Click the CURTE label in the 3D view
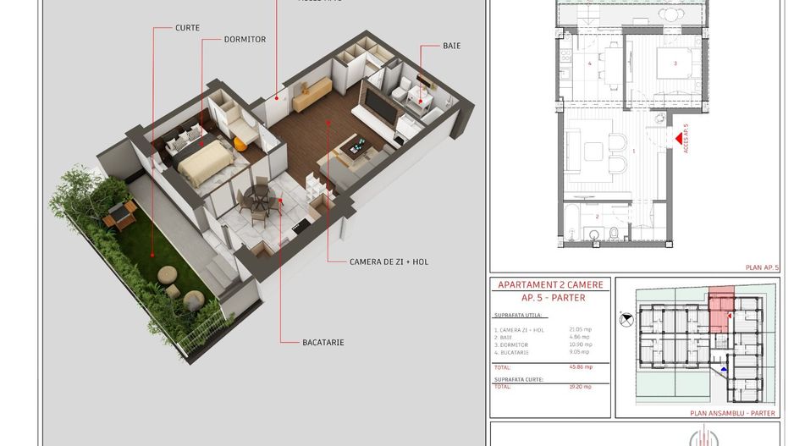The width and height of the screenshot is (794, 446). click(187, 28)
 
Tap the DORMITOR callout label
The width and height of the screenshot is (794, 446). click(245, 40)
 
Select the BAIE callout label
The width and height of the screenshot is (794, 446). click(451, 46)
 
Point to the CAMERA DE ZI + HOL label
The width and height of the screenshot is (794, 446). click(389, 262)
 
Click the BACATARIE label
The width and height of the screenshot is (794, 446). click(323, 343)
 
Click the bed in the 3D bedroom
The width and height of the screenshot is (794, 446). click(203, 163)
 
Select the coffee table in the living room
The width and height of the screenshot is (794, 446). click(354, 147)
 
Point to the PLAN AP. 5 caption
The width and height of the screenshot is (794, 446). click(761, 267)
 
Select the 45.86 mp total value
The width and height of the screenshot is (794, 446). click(581, 366)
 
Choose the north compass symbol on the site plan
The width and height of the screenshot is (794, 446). click(626, 319)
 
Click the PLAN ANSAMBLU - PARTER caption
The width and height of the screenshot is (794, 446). click(732, 413)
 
